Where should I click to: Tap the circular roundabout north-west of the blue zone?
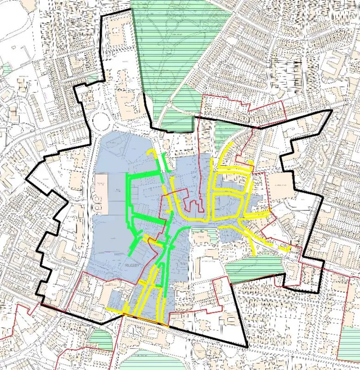point(101,120)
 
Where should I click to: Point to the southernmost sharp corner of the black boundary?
point(246,346)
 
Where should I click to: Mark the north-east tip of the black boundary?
point(330,111)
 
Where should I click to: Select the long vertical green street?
point(128,202)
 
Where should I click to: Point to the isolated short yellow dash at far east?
point(286,248)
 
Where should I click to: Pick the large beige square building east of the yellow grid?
point(280,186)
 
